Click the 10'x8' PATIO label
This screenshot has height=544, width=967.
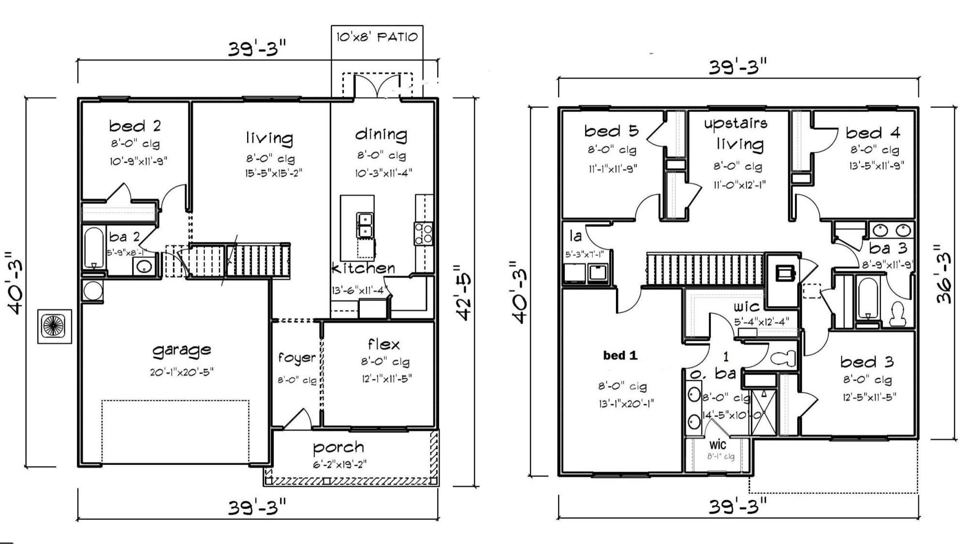pos(377,37)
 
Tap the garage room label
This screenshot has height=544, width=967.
pos(182,350)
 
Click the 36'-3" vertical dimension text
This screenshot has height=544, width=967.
pos(943,274)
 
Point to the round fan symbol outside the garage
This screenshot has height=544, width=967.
pos(54,326)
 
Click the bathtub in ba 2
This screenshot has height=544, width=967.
pos(94,248)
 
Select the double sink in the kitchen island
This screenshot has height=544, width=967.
pos(365,225)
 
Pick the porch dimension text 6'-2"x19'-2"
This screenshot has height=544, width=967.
pos(339,465)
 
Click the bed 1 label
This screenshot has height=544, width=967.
pos(620,356)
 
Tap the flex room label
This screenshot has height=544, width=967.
pos(384,344)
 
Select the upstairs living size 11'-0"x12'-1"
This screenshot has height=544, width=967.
pos(740,185)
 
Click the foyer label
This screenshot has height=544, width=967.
pos(296,358)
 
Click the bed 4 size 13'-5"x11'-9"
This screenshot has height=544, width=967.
pos(877,165)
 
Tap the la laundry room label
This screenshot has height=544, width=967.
pos(575,236)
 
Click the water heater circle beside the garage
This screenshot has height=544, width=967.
pos(92,291)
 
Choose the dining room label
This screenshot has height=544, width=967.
pos(381,134)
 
